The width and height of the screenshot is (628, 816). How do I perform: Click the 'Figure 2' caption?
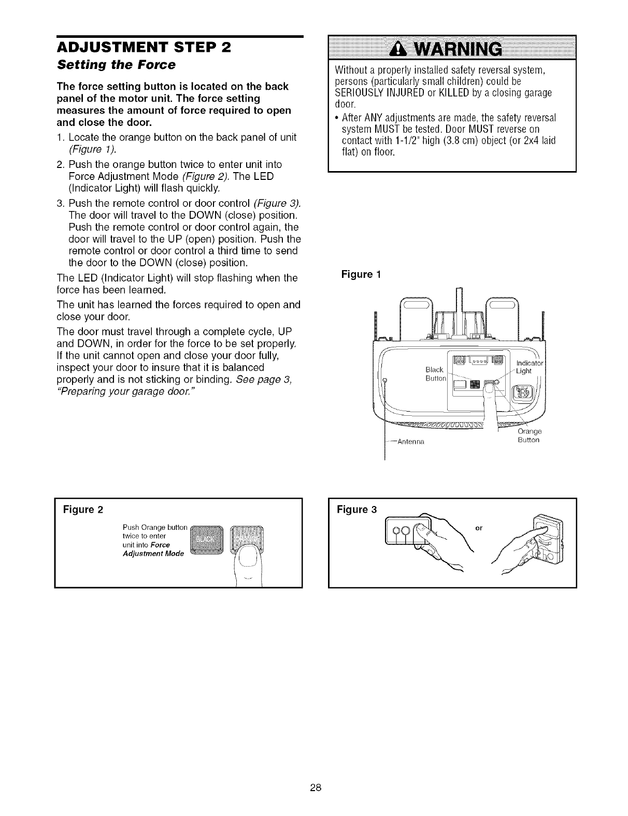[83, 509]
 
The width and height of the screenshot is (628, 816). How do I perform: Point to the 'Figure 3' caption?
[356, 509]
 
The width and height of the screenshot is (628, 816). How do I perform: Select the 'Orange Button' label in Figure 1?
[529, 435]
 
